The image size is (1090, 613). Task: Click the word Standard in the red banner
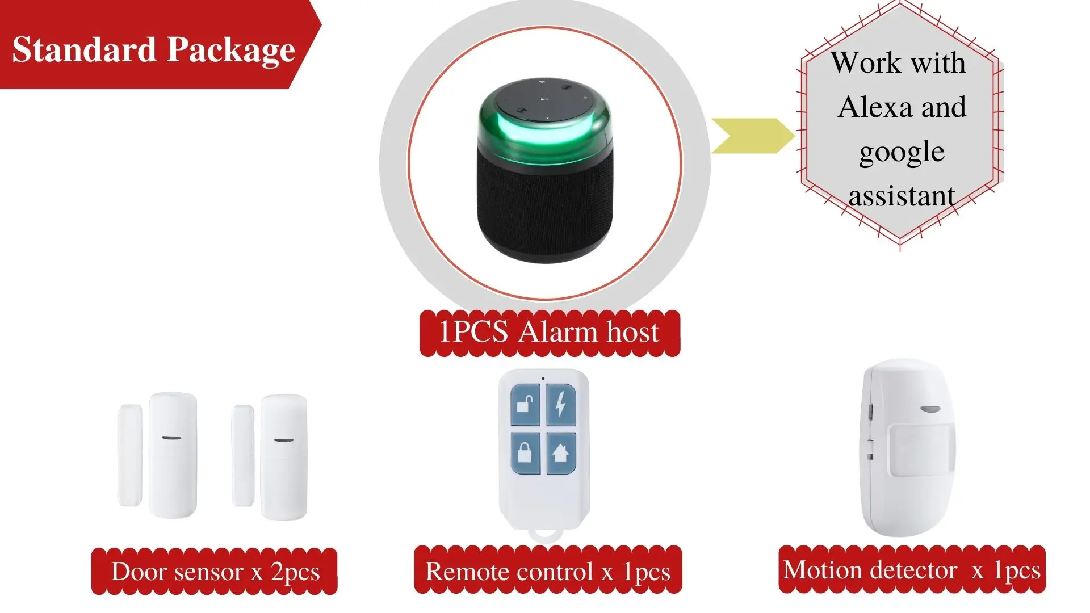(84, 49)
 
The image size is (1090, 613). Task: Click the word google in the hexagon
(902, 153)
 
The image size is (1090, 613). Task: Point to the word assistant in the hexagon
(902, 196)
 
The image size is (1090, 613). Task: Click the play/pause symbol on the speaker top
(544, 99)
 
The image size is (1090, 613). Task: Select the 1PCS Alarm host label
(550, 333)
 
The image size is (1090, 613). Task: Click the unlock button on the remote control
(525, 405)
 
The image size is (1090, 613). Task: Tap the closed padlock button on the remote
(525, 453)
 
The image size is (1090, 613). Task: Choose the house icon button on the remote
(561, 453)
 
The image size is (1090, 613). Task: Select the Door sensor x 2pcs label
(215, 572)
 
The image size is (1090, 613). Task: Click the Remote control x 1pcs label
(548, 570)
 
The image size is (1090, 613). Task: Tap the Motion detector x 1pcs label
(912, 570)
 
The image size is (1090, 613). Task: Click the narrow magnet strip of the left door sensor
(130, 455)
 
